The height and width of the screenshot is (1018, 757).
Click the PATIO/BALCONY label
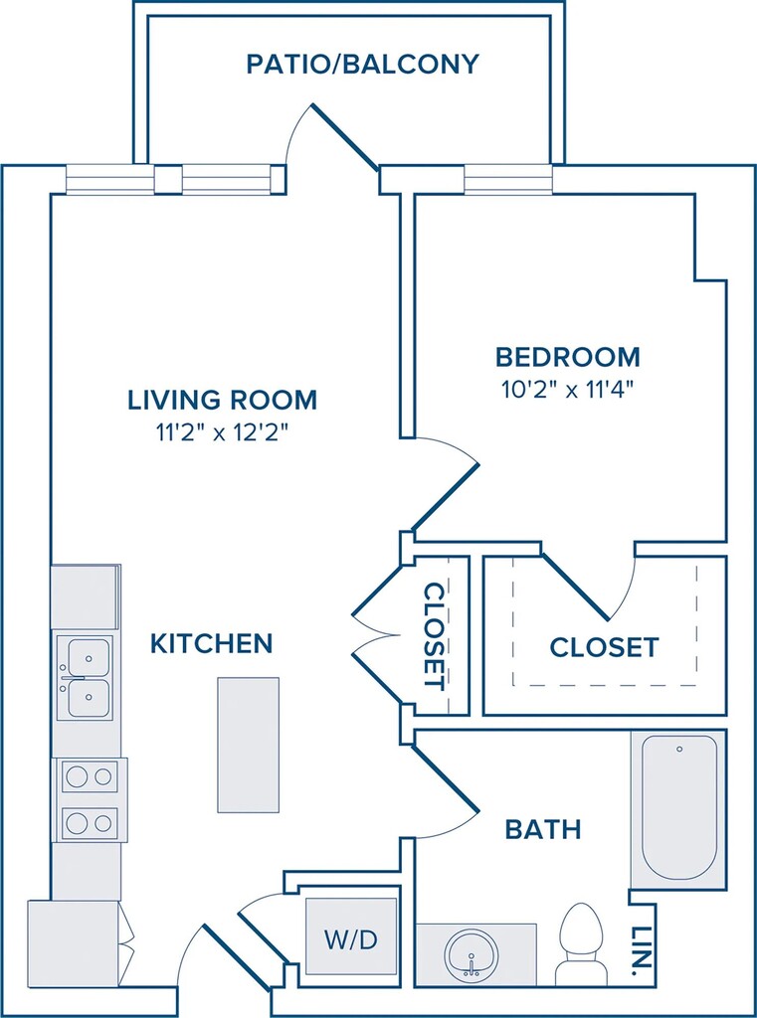(x=362, y=65)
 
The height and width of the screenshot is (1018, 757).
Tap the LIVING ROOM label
(x=222, y=400)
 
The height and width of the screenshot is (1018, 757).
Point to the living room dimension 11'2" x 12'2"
(x=222, y=433)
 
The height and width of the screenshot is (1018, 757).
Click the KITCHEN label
(x=211, y=643)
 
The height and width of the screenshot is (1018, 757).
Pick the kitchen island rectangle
(x=249, y=745)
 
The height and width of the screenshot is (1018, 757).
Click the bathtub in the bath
(x=679, y=809)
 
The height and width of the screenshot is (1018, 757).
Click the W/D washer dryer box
(x=351, y=935)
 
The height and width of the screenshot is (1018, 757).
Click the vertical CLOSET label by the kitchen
(x=434, y=636)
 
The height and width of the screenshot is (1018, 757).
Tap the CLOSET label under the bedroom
(x=604, y=647)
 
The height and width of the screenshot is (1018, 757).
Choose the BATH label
(x=543, y=829)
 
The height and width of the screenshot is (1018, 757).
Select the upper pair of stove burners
(x=90, y=776)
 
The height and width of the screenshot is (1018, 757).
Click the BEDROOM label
(x=568, y=357)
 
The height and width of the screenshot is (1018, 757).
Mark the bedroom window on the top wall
(x=508, y=179)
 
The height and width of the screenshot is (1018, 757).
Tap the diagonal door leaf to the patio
(x=345, y=137)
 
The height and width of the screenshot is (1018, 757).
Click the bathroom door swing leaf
(x=447, y=778)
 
